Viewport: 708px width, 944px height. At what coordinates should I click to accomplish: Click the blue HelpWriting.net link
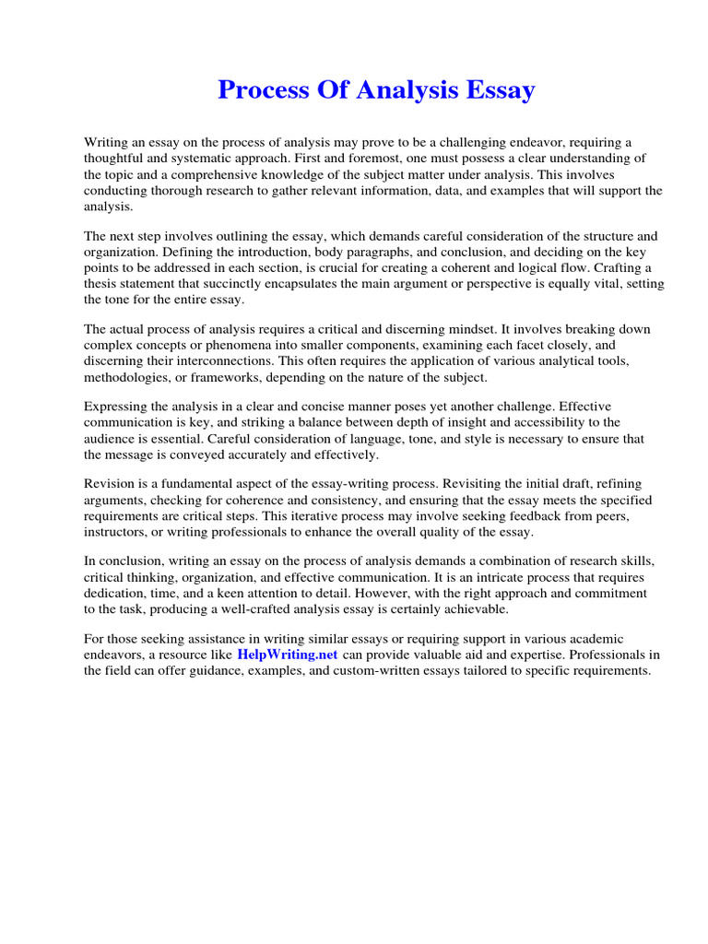pyautogui.click(x=288, y=654)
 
